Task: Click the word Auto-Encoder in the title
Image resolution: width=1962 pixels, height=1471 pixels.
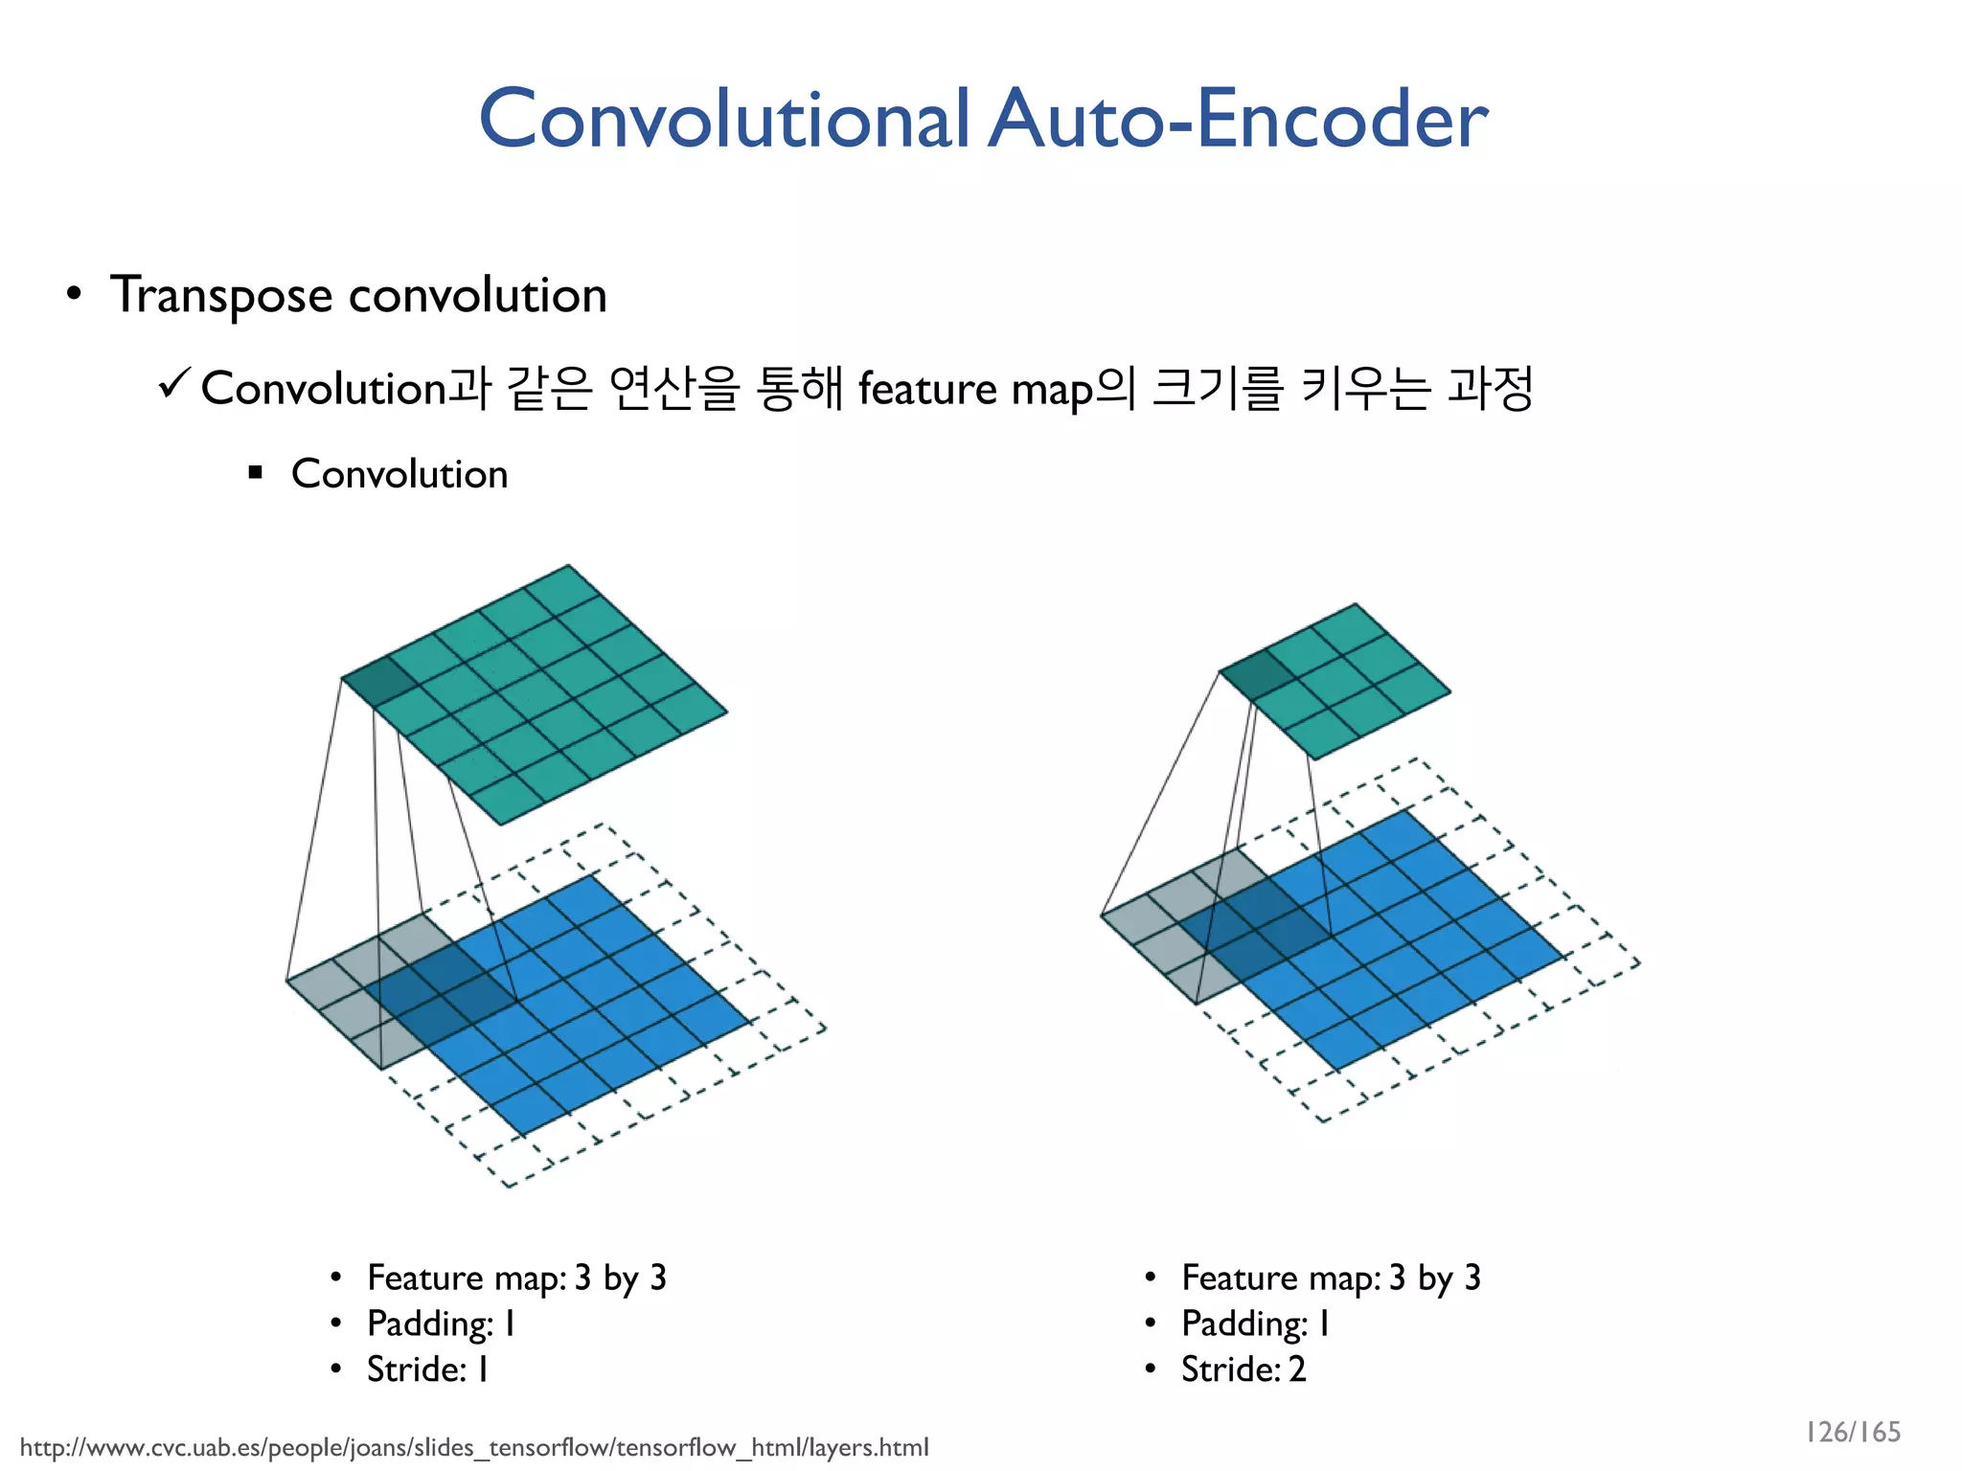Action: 1238,120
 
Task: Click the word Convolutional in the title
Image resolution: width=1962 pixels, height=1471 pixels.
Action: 724,120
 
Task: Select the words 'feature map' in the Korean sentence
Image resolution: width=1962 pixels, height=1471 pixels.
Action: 977,389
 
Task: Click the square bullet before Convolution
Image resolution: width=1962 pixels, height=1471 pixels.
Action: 255,472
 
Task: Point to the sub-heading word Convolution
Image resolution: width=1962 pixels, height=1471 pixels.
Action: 399,474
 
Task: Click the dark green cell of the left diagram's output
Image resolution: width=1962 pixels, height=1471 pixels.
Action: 380,680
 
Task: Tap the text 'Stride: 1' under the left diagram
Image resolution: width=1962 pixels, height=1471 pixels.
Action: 427,1369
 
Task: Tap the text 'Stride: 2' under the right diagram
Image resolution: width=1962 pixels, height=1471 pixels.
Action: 1243,1369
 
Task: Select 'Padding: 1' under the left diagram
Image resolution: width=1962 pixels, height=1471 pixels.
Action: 441,1324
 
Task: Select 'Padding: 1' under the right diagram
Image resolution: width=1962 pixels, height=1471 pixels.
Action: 1255,1324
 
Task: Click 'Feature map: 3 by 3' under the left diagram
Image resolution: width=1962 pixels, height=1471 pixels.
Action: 516,1278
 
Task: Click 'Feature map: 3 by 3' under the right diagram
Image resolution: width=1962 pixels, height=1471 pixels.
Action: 1331,1278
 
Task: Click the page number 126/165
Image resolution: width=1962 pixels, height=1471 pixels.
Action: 1852,1432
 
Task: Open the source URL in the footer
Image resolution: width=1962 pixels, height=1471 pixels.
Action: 474,1447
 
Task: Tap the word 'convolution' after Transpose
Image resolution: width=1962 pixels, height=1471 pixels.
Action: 478,295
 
